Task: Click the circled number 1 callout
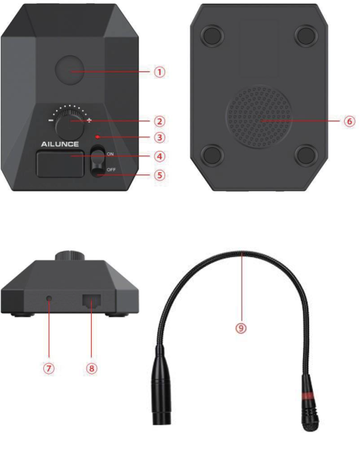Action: pyautogui.click(x=159, y=72)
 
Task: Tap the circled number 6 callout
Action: pyautogui.click(x=349, y=121)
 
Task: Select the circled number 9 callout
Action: pyautogui.click(x=241, y=328)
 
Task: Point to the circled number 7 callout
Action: pyautogui.click(x=49, y=368)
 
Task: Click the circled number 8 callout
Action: pyautogui.click(x=92, y=368)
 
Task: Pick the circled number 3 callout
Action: pyautogui.click(x=159, y=137)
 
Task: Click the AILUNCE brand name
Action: pyautogui.click(x=60, y=144)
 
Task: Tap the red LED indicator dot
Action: pyautogui.click(x=98, y=136)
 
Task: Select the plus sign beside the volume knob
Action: pyautogui.click(x=89, y=121)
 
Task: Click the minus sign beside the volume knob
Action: pyautogui.click(x=51, y=121)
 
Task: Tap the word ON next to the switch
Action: pyautogui.click(x=111, y=154)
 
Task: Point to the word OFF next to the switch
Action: pyautogui.click(x=111, y=170)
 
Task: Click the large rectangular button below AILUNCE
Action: pyautogui.click(x=60, y=164)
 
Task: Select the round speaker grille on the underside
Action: pyautogui.click(x=258, y=117)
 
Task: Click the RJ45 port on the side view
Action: pyautogui.click(x=92, y=301)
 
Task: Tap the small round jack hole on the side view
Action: pyautogui.click(x=49, y=298)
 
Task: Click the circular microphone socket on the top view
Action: pyautogui.click(x=70, y=71)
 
